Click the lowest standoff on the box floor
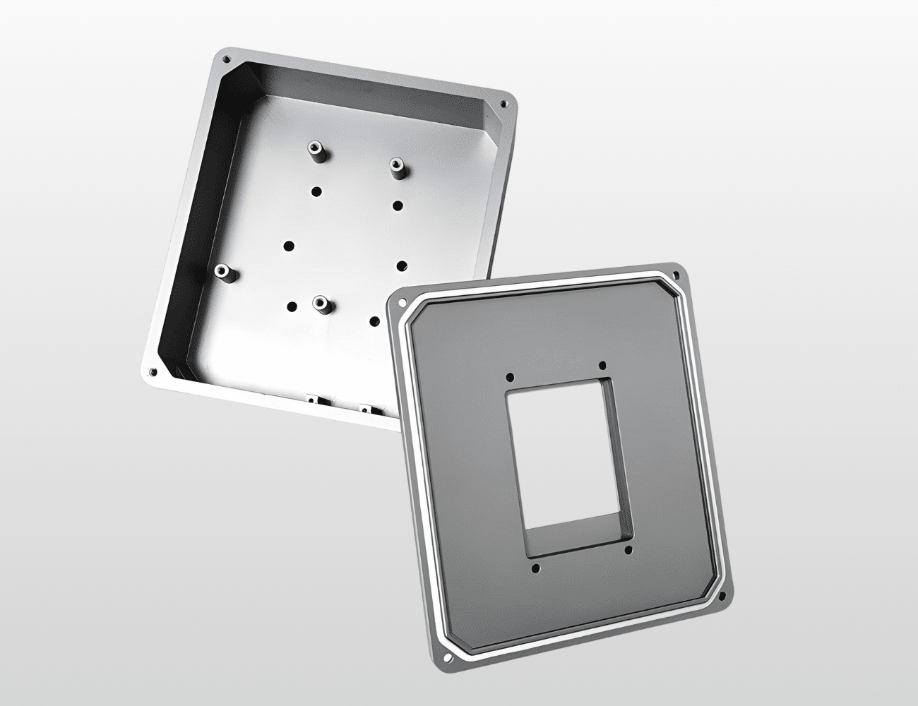(x=321, y=305)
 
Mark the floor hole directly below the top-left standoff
(x=316, y=190)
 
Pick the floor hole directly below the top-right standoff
(x=398, y=205)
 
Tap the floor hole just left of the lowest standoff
(x=291, y=306)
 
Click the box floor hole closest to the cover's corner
(x=375, y=322)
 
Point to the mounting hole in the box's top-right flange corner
(x=503, y=104)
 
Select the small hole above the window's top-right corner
(x=602, y=366)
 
